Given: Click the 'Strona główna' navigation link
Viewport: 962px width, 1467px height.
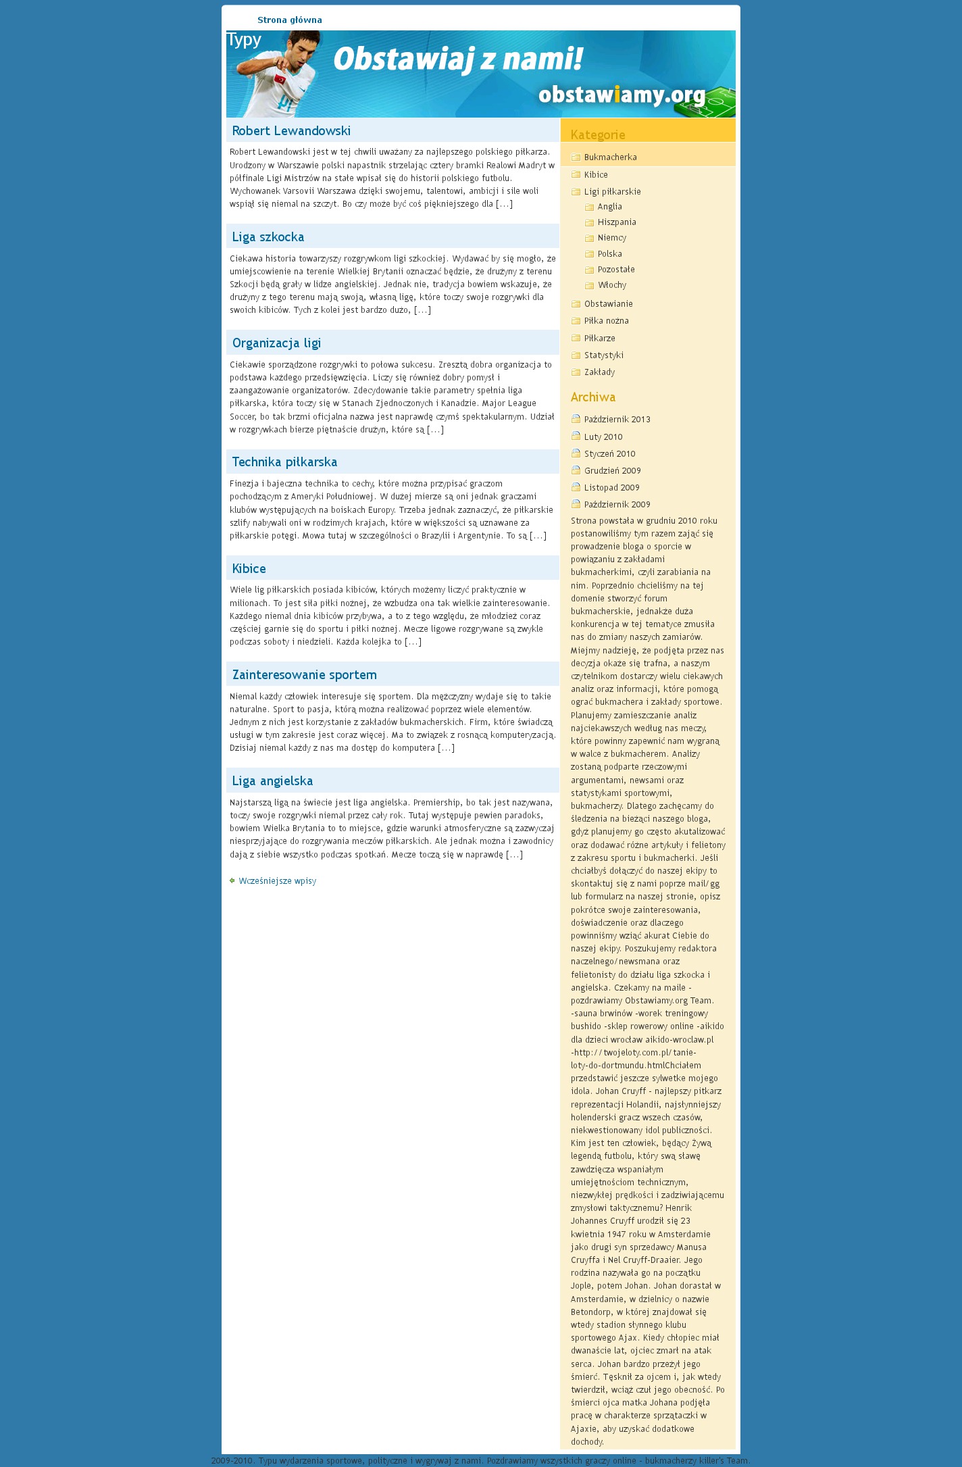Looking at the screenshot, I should coord(289,20).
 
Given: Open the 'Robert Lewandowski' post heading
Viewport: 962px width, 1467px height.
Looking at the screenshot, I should coord(291,131).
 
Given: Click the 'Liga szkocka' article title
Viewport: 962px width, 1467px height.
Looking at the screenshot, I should coord(268,237).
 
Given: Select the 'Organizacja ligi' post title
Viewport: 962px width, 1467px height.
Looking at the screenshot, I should coord(276,343).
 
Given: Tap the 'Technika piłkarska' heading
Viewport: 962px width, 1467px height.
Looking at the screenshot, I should coord(284,462).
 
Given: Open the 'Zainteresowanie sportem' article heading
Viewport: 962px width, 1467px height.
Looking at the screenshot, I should coord(304,675).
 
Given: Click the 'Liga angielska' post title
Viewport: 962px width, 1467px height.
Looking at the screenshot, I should coord(272,781).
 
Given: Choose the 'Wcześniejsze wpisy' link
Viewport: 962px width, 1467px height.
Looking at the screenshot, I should coord(277,881).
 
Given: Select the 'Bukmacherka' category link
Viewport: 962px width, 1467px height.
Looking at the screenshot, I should coord(610,157).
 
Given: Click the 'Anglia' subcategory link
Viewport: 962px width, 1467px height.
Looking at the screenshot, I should coord(609,207).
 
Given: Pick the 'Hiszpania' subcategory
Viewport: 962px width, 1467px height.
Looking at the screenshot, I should coord(616,222).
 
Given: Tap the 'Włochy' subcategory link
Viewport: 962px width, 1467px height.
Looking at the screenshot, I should coord(611,285).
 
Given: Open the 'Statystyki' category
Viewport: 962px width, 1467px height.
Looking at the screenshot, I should coord(603,355).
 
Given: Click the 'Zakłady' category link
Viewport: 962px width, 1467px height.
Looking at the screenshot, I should coord(599,372).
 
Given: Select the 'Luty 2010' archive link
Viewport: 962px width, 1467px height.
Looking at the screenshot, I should coord(603,437).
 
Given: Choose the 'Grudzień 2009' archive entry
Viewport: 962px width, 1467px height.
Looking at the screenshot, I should coord(612,471).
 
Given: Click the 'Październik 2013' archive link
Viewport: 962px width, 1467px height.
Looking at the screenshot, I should coord(617,420).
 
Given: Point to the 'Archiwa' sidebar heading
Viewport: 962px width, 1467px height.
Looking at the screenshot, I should coord(592,397).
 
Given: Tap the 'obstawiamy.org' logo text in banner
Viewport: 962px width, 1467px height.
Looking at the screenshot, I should coord(622,95).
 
